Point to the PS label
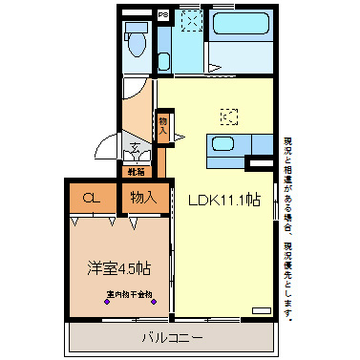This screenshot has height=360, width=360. coord(163,14)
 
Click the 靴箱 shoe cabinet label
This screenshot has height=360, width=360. coord(137,172)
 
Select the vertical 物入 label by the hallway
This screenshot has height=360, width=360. coord(163,126)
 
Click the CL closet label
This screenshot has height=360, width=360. coord(91,199)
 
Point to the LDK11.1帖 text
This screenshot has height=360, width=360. coord(224,201)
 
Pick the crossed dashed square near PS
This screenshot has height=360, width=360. coord(190,21)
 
